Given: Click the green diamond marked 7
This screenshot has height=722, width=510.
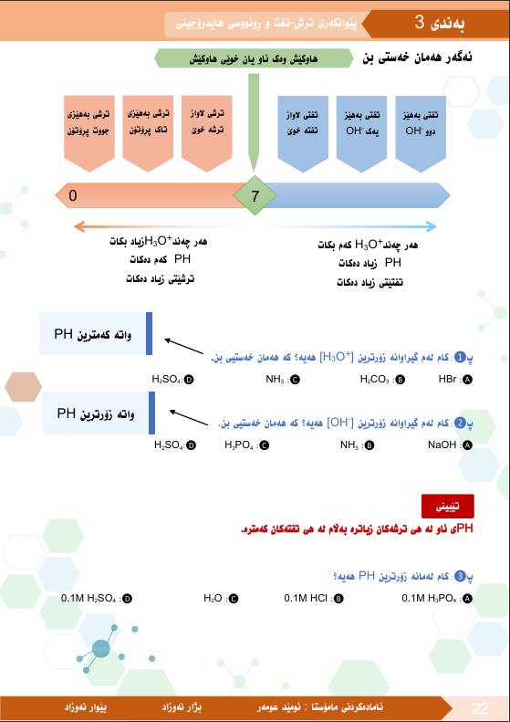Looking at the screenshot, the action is coord(255,195).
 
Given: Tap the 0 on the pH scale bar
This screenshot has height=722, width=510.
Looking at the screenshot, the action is coord(73,195).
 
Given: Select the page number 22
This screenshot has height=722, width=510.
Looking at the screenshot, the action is coord(480,707).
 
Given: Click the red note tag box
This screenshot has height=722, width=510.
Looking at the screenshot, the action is coord(447,507).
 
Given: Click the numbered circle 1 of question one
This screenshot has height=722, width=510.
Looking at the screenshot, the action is coord(461,357).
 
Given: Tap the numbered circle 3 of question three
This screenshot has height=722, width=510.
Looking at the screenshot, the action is coord(461,576).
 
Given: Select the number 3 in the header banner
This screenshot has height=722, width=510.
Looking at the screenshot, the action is coord(419,22).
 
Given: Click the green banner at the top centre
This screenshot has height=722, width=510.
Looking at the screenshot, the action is coord(254,58).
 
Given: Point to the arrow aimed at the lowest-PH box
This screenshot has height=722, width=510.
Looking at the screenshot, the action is coord(184,346).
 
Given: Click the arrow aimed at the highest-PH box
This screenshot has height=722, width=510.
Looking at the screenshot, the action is coord(189,418).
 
